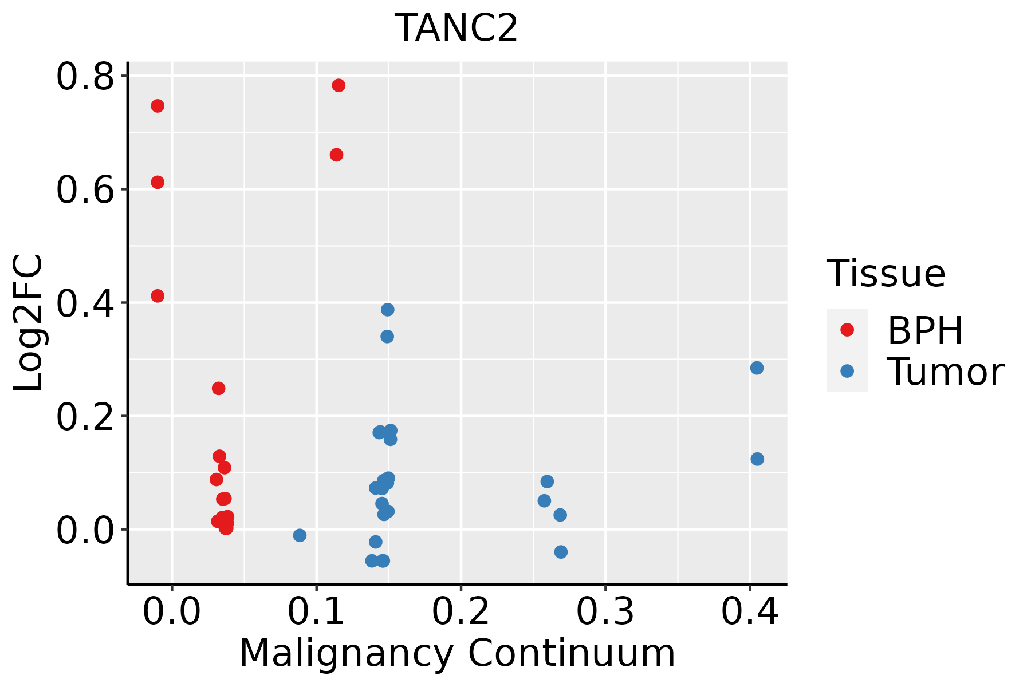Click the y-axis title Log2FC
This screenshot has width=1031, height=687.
click(29, 323)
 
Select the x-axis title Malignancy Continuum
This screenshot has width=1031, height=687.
click(457, 653)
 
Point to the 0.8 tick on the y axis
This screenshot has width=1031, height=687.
click(85, 77)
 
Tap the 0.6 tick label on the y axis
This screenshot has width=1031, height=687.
click(85, 190)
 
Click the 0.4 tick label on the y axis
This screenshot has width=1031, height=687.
click(85, 303)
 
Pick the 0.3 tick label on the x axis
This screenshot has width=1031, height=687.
click(605, 611)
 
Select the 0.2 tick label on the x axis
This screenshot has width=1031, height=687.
click(461, 611)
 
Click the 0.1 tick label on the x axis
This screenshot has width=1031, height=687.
click(316, 611)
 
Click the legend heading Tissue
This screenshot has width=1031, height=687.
click(886, 274)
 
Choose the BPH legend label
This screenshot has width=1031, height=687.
click(925, 330)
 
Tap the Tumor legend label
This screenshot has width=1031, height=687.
click(945, 372)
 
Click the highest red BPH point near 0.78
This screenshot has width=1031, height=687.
click(339, 85)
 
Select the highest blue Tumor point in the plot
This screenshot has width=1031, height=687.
click(388, 310)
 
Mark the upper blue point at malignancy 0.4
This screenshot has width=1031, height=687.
click(757, 368)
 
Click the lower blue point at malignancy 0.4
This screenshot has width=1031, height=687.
click(757, 459)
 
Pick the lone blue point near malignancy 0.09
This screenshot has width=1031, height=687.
click(300, 535)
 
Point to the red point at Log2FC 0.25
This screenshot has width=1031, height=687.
click(218, 388)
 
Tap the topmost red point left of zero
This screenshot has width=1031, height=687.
click(158, 106)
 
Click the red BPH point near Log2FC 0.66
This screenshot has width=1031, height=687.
click(337, 155)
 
